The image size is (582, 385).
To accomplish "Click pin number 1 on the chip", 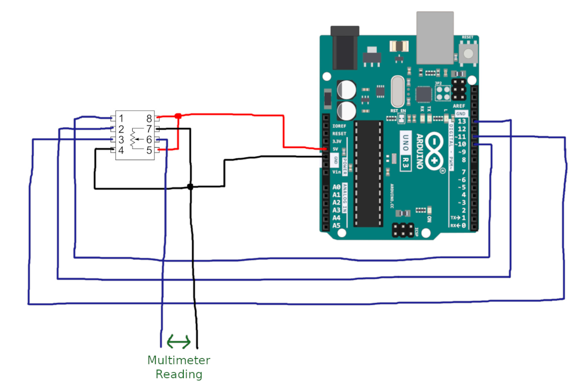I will pos(121,118).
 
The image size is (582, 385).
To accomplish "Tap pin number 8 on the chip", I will pos(149,118).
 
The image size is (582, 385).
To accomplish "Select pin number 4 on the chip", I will pos(121,150).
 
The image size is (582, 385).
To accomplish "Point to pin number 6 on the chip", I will pos(149,140).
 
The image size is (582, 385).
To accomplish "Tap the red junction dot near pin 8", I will pos(178,116).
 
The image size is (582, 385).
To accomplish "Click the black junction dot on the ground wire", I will pos(190,187).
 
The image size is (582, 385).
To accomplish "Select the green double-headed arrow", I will pos(179,342).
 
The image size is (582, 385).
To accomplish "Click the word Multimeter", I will pos(179,360).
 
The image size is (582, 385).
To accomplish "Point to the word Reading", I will pos(179,374).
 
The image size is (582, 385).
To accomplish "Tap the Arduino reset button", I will pos(468,53).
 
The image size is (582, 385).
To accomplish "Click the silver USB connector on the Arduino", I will pos(435,38).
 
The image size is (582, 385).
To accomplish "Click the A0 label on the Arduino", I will pos(336,187).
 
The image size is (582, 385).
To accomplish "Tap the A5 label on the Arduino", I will pos(336,225).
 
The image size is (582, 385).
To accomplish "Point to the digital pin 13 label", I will pos(462,121).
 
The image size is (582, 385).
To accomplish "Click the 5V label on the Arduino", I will pos(335,149).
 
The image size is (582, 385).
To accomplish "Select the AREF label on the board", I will pos(459,106).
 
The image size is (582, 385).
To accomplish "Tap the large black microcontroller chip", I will pos(369,174).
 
